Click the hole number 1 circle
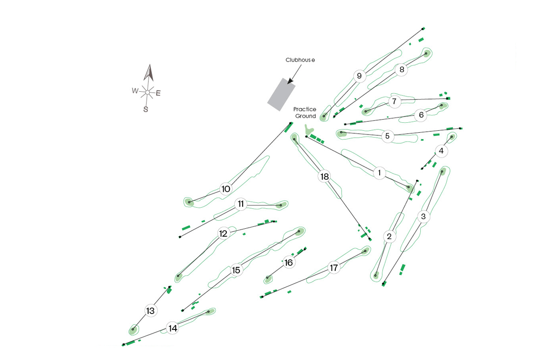pyautogui.click(x=379, y=172)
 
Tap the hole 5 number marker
pyautogui.click(x=387, y=136)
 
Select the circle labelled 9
pyautogui.click(x=359, y=76)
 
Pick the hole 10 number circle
pyautogui.click(x=226, y=189)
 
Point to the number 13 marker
pyautogui.click(x=150, y=310)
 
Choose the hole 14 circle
pyautogui.click(x=172, y=328)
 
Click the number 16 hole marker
pyautogui.click(x=288, y=262)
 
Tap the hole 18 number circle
pyautogui.click(x=324, y=177)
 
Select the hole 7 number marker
pyautogui.click(x=394, y=101)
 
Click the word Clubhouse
pyautogui.click(x=300, y=60)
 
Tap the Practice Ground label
pyautogui.click(x=305, y=112)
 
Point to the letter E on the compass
pyautogui.click(x=158, y=93)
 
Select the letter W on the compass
pyautogui.click(x=135, y=91)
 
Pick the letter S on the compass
pyautogui.click(x=146, y=109)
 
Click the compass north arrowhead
pyautogui.click(x=149, y=72)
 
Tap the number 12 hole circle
pyautogui.click(x=224, y=233)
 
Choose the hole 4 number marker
pyautogui.click(x=441, y=151)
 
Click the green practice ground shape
pyautogui.click(x=310, y=130)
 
